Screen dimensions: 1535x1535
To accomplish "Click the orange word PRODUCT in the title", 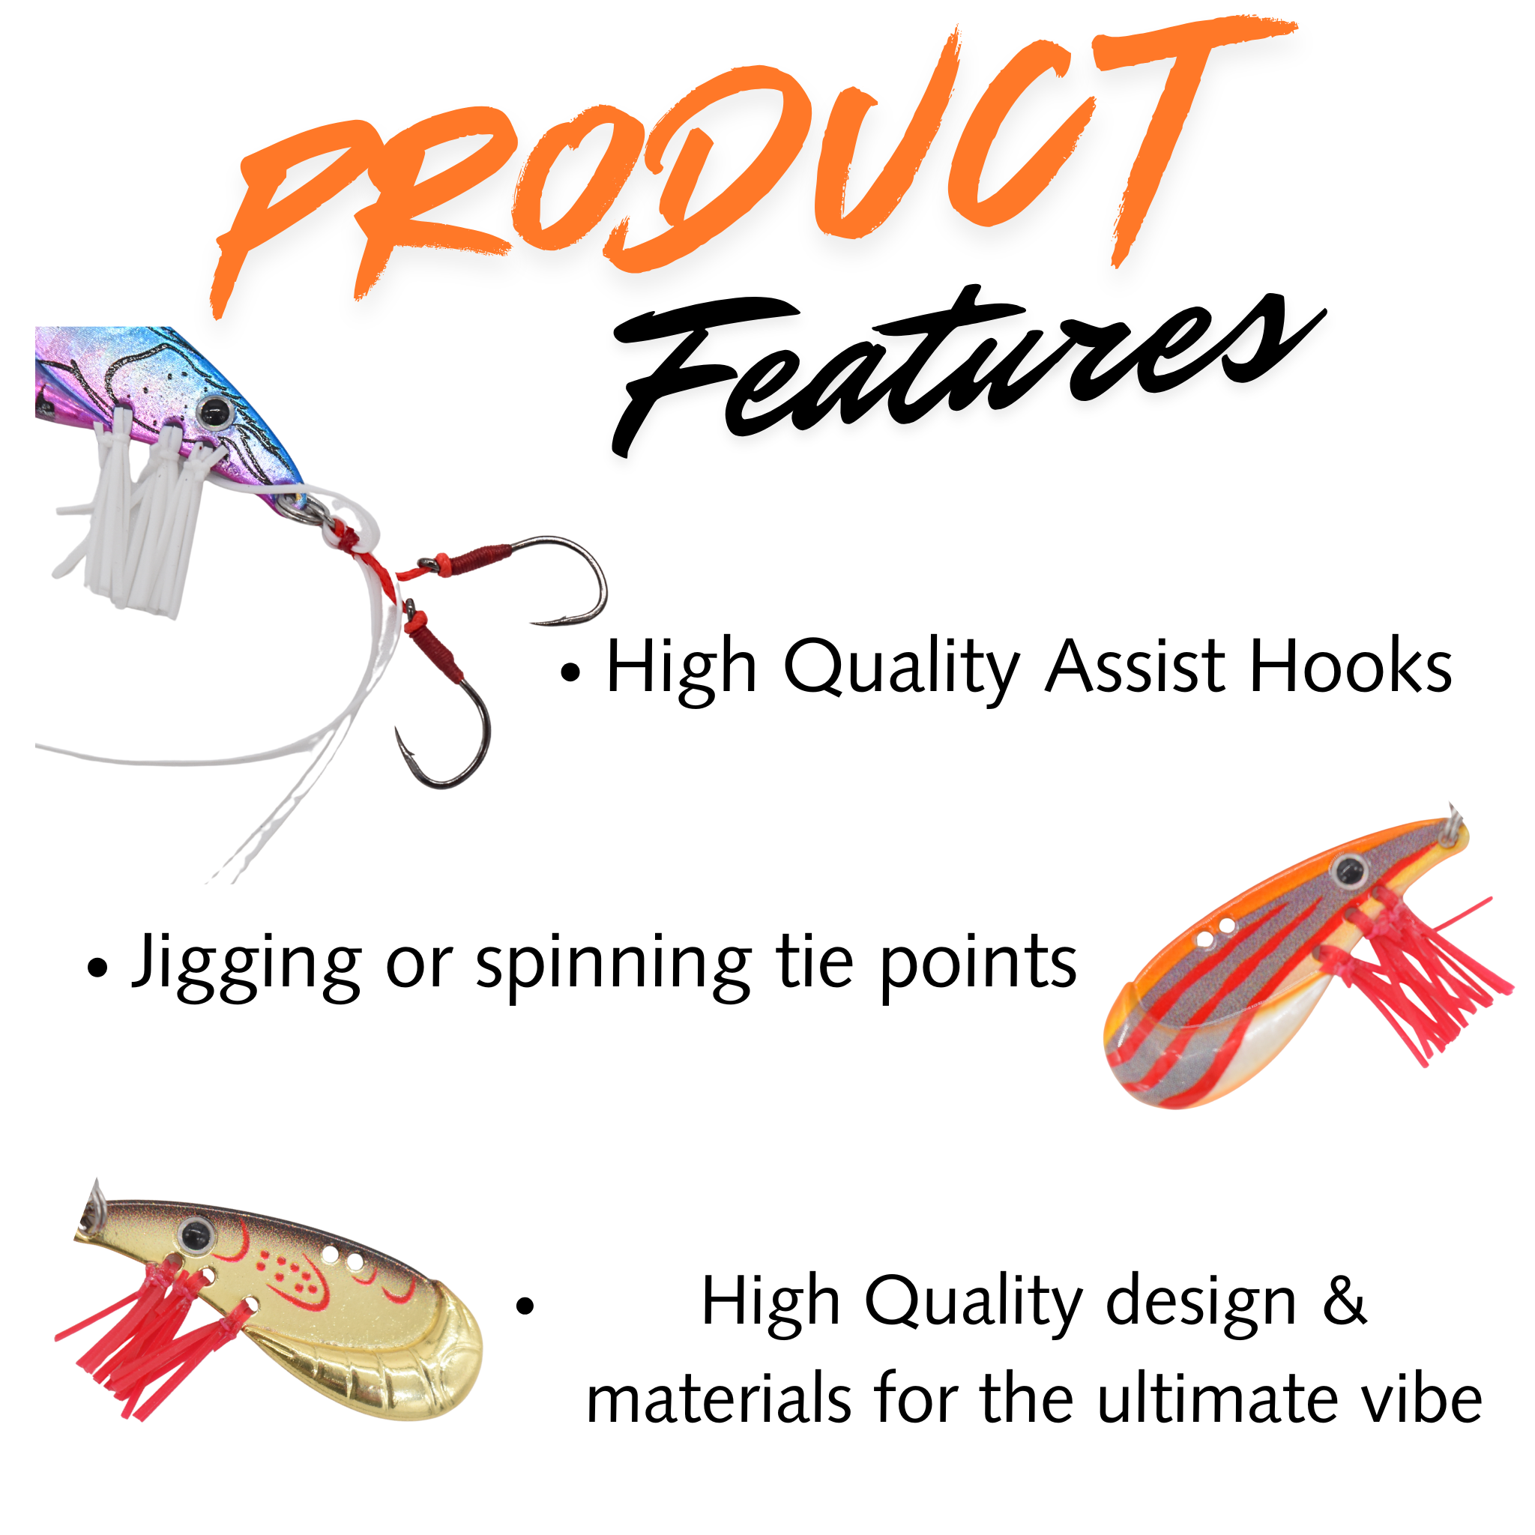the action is pyautogui.click(x=755, y=159).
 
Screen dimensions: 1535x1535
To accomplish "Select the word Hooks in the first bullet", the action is pyautogui.click(x=1351, y=666).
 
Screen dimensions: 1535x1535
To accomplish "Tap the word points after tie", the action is pyautogui.click(x=978, y=965).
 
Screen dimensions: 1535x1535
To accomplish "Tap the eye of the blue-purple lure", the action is pyautogui.click(x=213, y=411).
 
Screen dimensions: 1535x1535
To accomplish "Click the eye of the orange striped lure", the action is pyautogui.click(x=1348, y=871).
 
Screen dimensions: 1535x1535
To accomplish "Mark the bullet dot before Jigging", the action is pyautogui.click(x=97, y=968).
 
